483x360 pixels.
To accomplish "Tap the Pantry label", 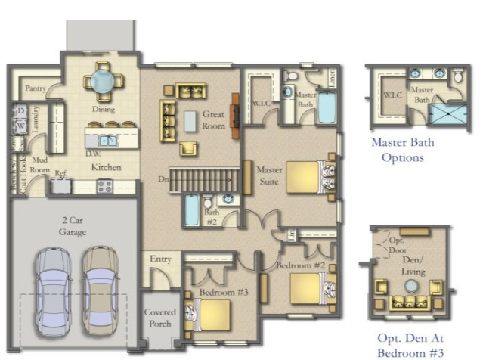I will point(36,89).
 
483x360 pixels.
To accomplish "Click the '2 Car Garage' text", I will point(73,226).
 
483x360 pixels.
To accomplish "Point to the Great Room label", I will point(213,120).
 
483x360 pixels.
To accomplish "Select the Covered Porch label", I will point(160,318).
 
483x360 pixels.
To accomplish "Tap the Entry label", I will point(160,259).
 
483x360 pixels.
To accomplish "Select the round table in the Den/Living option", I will point(410,287).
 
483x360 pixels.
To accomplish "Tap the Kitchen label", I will point(106,166).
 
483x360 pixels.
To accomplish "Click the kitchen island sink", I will point(108,140).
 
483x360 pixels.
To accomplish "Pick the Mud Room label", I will point(39,166).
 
